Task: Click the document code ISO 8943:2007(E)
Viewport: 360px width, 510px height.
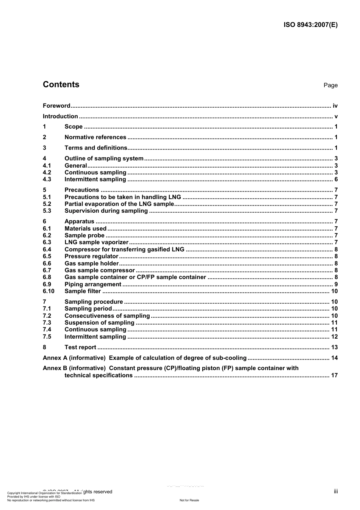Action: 310,25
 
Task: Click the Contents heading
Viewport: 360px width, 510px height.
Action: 61,85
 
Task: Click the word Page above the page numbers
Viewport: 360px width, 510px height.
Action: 330,85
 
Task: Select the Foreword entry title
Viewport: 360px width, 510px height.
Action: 56,106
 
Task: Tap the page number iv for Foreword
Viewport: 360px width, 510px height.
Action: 335,106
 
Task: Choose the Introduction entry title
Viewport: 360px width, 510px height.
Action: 60,116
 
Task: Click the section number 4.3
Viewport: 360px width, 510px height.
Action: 47,179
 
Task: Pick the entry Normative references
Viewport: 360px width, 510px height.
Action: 95,137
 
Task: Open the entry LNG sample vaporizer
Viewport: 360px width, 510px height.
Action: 96,242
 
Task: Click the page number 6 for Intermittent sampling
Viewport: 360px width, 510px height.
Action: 336,179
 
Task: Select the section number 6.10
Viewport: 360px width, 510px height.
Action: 49,291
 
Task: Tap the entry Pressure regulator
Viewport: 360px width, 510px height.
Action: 91,256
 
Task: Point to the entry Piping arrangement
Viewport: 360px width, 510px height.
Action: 93,284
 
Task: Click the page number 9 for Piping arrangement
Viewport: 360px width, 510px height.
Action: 336,284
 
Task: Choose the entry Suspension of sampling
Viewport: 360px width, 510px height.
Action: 99,323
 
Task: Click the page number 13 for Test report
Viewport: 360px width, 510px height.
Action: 334,347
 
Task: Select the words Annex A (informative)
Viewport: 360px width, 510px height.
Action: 74,358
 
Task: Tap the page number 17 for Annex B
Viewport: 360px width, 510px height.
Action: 334,375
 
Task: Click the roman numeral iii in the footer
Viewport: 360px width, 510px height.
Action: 336,491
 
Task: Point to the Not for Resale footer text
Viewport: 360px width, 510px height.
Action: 189,500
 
